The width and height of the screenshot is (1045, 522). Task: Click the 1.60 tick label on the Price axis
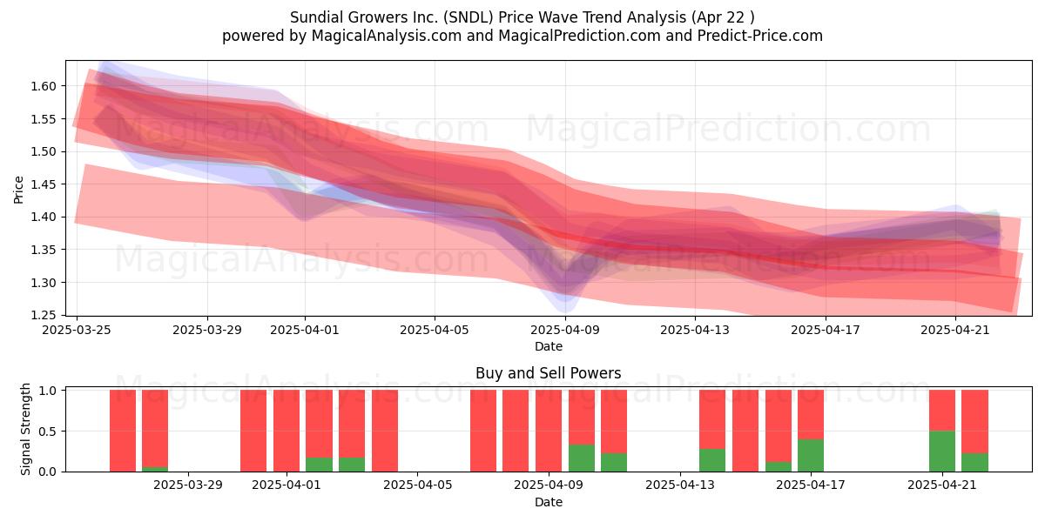43,86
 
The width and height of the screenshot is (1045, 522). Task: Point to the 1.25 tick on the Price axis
43,316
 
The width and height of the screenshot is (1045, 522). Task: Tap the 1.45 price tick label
43,184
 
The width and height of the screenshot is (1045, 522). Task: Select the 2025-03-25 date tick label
77,330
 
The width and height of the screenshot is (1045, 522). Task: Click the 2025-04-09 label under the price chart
565,330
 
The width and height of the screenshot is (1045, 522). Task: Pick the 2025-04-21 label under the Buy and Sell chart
942,485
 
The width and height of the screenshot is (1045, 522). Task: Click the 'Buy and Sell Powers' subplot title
548,373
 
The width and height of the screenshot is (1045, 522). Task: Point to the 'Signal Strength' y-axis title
25,429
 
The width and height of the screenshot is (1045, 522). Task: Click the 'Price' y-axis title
18,190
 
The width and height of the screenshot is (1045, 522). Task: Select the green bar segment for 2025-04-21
942,452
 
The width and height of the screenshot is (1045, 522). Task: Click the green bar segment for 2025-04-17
811,455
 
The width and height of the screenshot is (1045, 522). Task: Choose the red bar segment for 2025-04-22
975,422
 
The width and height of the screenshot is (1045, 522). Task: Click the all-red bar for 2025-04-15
745,432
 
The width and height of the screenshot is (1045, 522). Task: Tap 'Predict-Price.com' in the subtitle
760,36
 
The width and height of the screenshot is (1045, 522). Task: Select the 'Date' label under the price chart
548,346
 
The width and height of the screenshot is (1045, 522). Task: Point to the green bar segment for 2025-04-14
712,460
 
